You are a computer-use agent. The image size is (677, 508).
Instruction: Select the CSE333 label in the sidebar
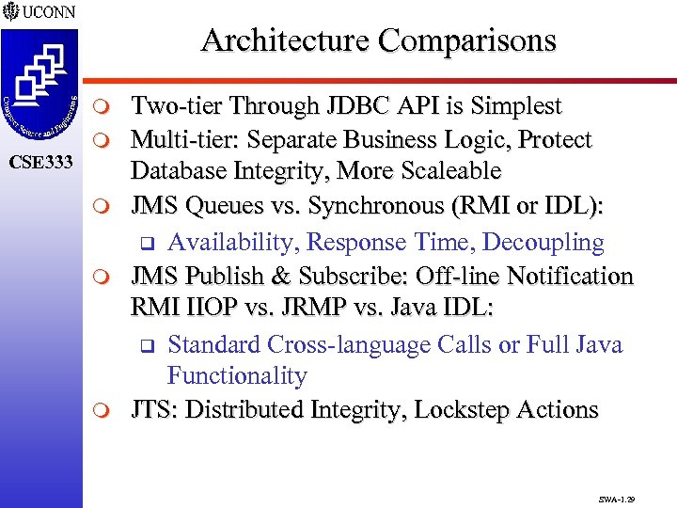(40, 163)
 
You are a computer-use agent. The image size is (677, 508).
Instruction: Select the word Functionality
(237, 376)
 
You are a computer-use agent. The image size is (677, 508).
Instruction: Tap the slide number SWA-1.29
(616, 491)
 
